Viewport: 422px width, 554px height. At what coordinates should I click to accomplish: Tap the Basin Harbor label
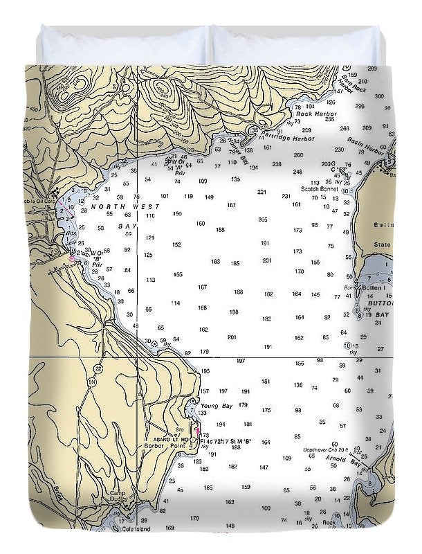(369, 148)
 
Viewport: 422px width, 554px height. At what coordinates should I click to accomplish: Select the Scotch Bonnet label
(319, 188)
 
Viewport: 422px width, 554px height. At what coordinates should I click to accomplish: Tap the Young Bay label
(214, 406)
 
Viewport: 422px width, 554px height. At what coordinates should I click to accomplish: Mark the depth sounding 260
(298, 155)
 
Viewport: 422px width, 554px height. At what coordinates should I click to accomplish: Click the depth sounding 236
(277, 164)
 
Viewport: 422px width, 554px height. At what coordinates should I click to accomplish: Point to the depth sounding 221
(262, 192)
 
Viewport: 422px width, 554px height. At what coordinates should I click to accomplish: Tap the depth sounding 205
(263, 220)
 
